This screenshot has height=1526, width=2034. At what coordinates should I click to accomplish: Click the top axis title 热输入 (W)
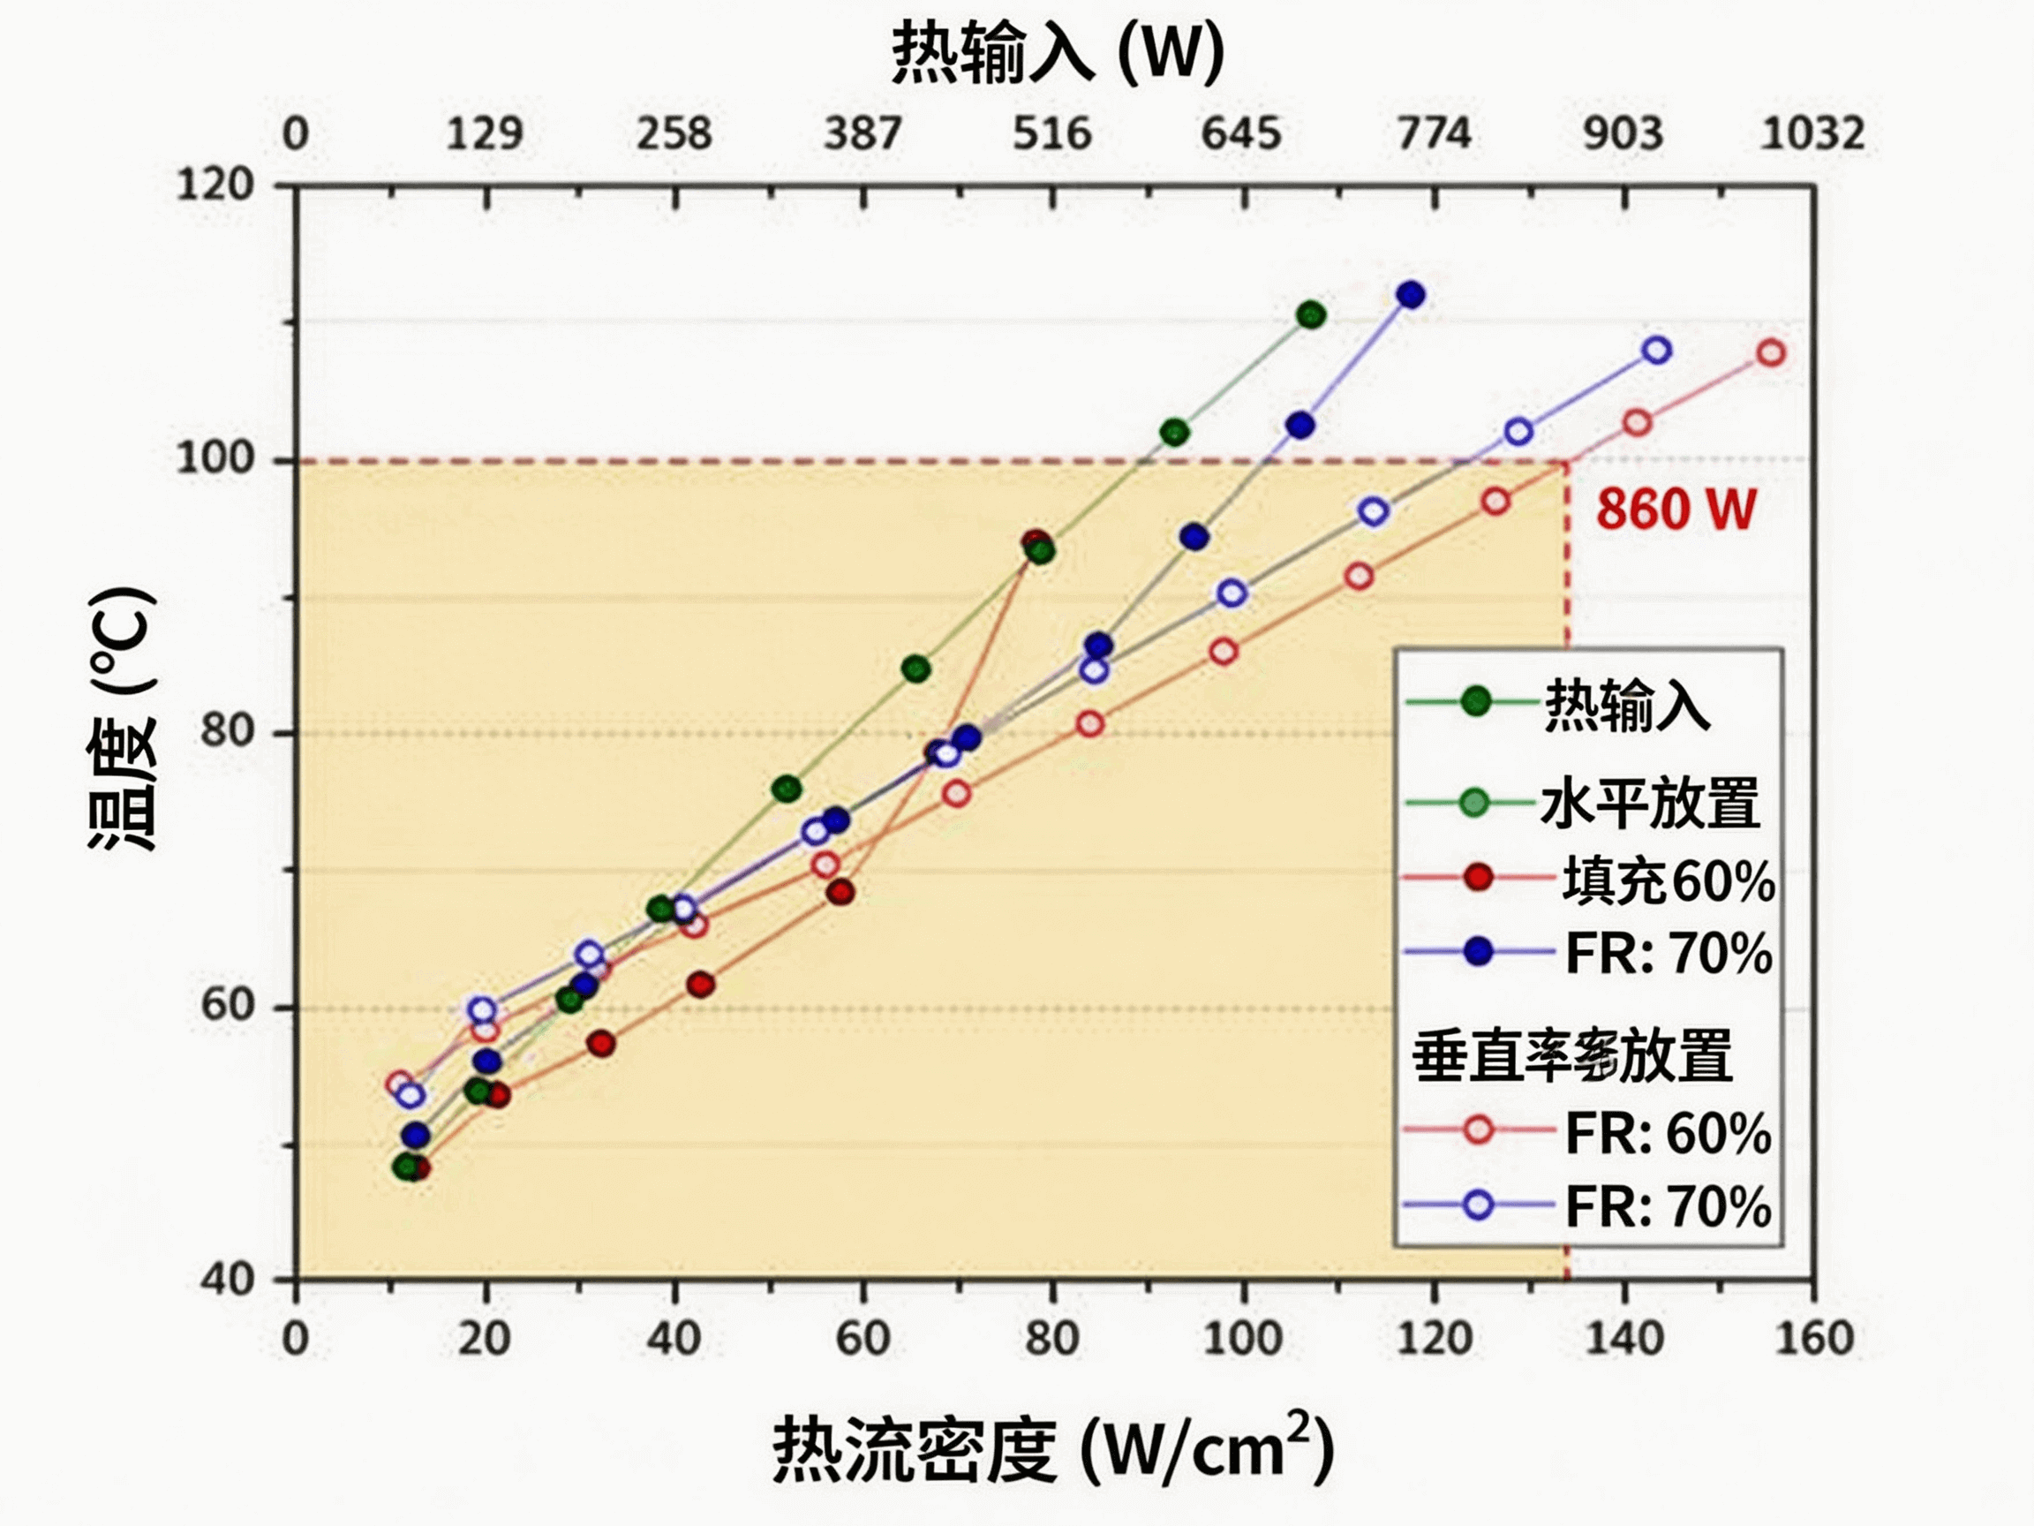(1058, 52)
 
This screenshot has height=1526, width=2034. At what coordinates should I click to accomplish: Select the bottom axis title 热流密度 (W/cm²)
(1053, 1449)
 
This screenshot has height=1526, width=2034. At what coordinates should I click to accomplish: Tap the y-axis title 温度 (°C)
(124, 717)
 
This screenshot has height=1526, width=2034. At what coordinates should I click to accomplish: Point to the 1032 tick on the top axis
(1812, 134)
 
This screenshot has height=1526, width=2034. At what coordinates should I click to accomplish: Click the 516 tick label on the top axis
(1052, 134)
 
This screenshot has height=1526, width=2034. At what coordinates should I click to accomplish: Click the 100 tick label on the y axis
(215, 457)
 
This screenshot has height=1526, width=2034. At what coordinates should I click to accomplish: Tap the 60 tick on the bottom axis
(863, 1339)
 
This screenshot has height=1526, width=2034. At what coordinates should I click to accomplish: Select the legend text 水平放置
(1650, 803)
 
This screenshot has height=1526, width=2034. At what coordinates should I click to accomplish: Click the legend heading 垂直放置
(1572, 1056)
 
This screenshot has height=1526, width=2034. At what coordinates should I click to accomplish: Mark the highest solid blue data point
(1411, 295)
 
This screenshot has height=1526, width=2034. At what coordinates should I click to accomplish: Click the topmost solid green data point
(1311, 315)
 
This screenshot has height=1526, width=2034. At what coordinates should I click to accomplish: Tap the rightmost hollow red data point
(1771, 353)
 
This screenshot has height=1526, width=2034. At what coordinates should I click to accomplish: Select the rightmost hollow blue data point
(1657, 351)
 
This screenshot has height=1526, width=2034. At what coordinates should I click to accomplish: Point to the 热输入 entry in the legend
(1626, 706)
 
